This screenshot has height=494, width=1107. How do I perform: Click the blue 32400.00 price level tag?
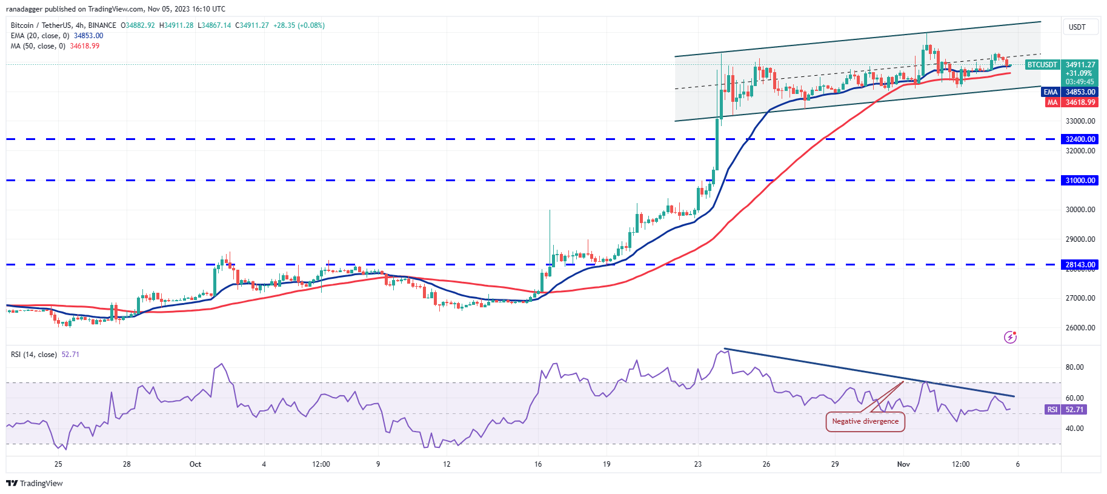tap(1080, 139)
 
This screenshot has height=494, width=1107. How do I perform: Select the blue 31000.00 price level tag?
tap(1080, 180)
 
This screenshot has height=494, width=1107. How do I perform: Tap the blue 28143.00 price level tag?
tap(1080, 264)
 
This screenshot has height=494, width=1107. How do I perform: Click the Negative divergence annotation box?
tap(865, 421)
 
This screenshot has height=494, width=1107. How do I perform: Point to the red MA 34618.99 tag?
tap(1071, 102)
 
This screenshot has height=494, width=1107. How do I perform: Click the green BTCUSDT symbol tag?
tap(1042, 65)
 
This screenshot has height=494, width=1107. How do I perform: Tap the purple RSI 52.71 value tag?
tap(1066, 410)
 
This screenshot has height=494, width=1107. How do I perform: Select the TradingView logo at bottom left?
tap(35, 483)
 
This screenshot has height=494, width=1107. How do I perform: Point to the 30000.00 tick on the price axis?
tap(1080, 210)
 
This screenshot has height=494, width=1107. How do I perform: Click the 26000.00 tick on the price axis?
tap(1080, 328)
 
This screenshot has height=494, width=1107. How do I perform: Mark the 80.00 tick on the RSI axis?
tap(1074, 367)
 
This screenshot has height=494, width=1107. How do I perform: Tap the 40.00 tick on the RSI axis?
tap(1074, 429)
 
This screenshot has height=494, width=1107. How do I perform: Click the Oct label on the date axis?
tap(195, 464)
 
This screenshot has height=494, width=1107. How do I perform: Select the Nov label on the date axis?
tap(903, 464)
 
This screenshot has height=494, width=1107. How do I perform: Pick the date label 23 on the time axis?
tap(698, 464)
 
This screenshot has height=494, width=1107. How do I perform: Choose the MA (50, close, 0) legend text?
tap(38, 46)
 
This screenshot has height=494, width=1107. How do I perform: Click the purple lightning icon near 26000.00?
tap(1010, 337)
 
